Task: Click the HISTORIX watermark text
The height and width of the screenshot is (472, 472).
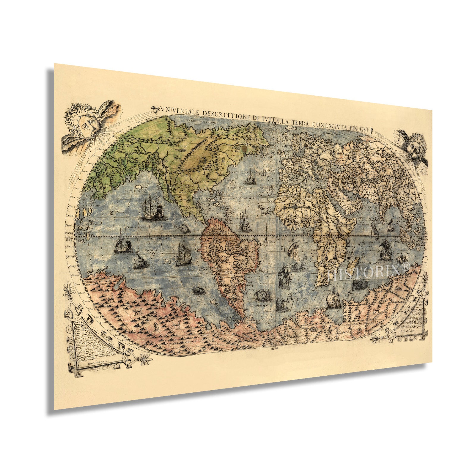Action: click(x=369, y=272)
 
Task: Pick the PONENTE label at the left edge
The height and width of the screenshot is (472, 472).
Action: click(x=69, y=235)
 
